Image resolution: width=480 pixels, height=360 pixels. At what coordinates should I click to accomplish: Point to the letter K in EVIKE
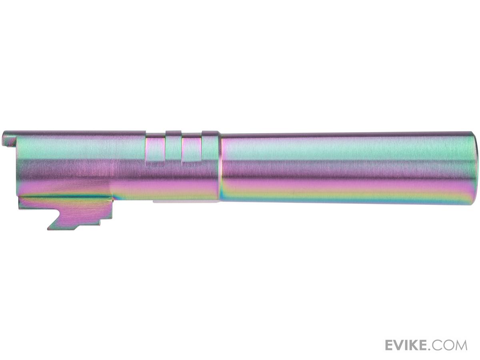[x=416, y=346]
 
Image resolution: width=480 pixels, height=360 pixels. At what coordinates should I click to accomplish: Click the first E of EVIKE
[x=390, y=346]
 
